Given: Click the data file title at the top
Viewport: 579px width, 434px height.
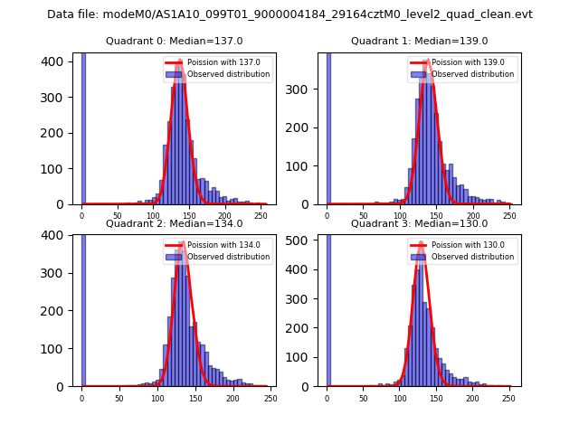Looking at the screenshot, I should pos(289,14).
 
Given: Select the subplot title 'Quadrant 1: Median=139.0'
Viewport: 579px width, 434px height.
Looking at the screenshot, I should pos(419,41).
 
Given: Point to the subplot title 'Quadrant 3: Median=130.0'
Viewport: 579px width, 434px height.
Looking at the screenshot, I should pos(419,223).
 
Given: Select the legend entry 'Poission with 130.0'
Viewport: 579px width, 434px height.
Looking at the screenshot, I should pos(461,245).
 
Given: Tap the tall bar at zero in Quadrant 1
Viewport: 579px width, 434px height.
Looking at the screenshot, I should pos(327,127).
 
